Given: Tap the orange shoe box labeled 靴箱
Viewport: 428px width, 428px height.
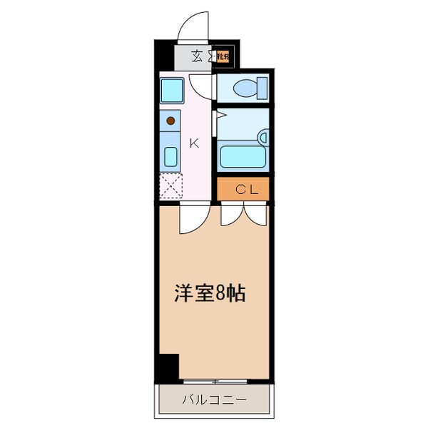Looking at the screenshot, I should point(223,56).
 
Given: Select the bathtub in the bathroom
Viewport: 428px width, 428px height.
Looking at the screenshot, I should point(243,156).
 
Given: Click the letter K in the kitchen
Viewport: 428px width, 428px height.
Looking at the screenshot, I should point(193,141).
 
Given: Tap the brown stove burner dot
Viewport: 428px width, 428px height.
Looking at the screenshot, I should point(170,121).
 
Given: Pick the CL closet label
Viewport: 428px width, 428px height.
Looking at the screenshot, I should point(243,189).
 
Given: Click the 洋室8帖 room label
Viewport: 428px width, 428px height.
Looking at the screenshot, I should point(210,293).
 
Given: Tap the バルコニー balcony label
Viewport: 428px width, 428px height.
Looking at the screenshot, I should point(214,400).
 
